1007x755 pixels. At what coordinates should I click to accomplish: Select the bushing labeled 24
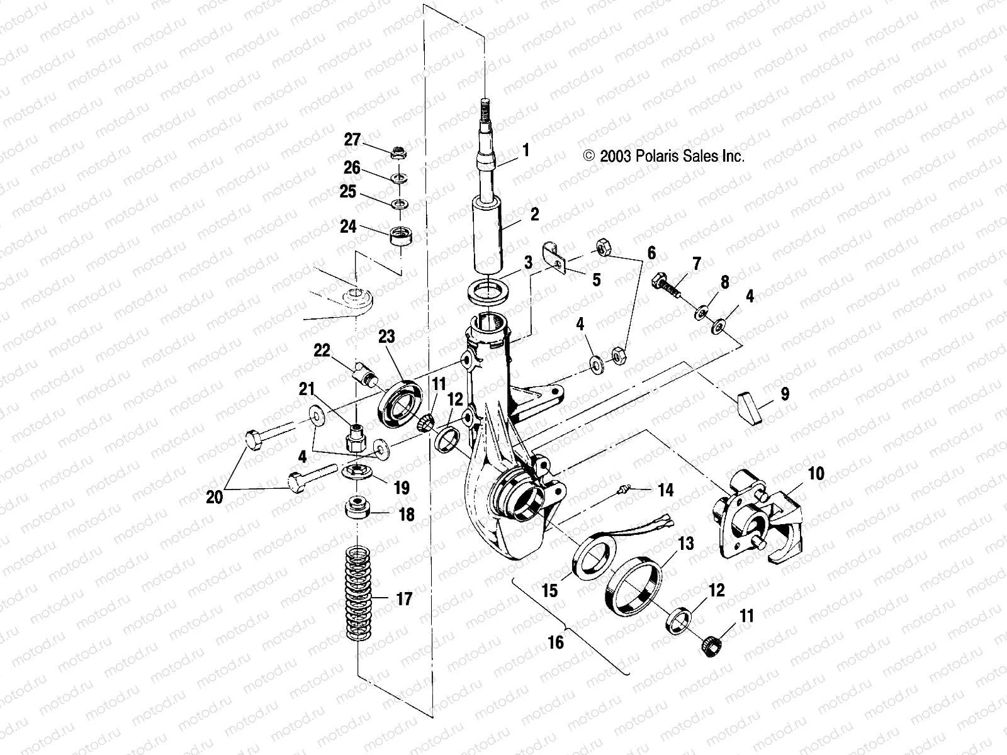[x=401, y=238]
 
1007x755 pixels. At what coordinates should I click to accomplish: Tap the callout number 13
[x=686, y=542]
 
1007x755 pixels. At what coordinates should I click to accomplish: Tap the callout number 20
[x=215, y=497]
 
